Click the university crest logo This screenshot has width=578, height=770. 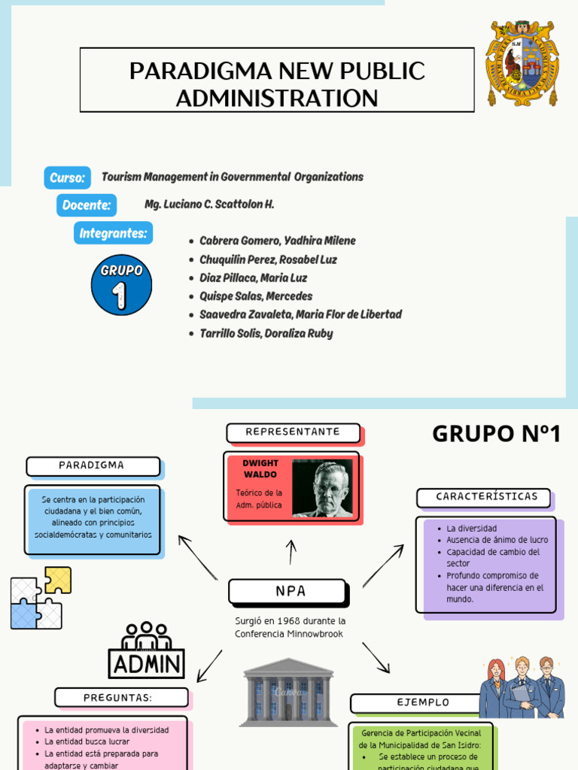[x=522, y=63]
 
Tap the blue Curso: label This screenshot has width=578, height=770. [x=67, y=177]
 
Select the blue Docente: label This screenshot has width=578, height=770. [x=87, y=205]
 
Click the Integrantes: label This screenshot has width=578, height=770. [x=113, y=233]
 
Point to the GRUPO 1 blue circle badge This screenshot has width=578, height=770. [x=121, y=285]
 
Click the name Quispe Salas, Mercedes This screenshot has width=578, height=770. [x=256, y=296]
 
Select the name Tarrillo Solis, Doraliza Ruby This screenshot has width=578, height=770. [x=266, y=333]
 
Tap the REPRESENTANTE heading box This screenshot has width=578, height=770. [x=294, y=432]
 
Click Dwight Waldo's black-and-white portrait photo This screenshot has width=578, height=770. [x=321, y=489]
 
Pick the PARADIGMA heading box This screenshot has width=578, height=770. [x=93, y=466]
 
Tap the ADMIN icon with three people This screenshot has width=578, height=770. [x=147, y=650]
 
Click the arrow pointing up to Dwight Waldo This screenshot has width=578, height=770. [x=291, y=551]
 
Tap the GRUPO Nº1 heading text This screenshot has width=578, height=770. [x=496, y=434]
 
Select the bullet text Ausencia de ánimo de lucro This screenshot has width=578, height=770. [x=497, y=540]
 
